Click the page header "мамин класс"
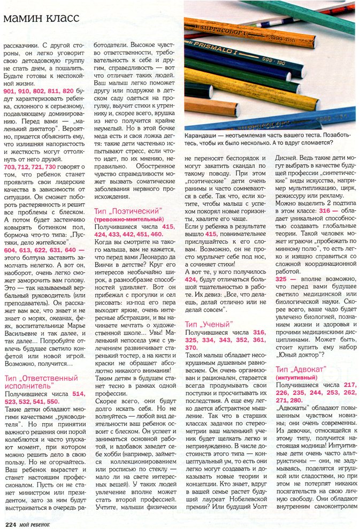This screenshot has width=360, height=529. point(42,18)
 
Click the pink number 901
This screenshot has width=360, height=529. point(10,91)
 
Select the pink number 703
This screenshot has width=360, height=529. point(10,167)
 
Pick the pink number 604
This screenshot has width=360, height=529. point(10,250)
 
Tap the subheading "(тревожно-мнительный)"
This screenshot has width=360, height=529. point(128,219)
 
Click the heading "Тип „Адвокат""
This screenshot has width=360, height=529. point(303,369)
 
